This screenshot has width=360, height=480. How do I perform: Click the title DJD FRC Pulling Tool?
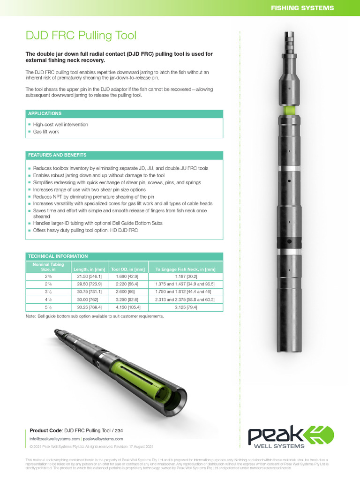pyautogui.click(x=81, y=36)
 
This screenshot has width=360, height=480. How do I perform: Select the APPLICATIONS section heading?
pyautogui.click(x=45, y=113)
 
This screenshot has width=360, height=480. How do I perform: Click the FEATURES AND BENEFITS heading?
pyautogui.click(x=57, y=155)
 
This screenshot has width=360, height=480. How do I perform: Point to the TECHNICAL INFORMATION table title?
pyautogui.click(x=58, y=256)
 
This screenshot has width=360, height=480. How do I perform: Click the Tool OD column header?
pyautogui.click(x=127, y=269)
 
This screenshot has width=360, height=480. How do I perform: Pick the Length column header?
pyautogui.click(x=89, y=269)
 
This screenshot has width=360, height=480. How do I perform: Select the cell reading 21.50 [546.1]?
pyautogui.click(x=89, y=277)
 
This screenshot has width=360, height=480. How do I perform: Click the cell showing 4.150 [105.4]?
pyautogui.click(x=127, y=307)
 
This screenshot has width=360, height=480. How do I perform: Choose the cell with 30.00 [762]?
pyautogui.click(x=89, y=300)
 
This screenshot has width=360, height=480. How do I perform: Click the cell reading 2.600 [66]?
pyautogui.click(x=127, y=292)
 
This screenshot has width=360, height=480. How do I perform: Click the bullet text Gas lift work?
pyautogui.click(x=46, y=132)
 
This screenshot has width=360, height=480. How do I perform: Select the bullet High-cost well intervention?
pyautogui.click(x=60, y=125)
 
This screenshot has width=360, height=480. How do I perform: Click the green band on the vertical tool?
pyautogui.click(x=290, y=110)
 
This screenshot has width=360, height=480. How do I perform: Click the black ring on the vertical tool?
pyautogui.click(x=290, y=243)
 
